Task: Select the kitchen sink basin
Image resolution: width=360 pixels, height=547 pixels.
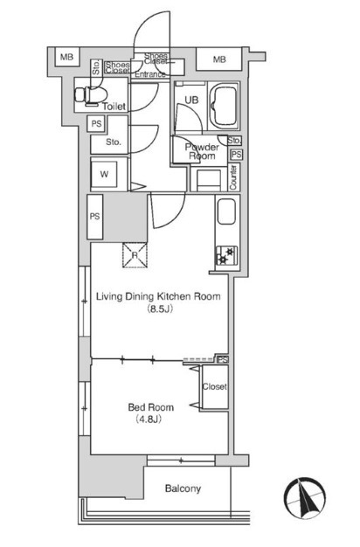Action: pos(226,211)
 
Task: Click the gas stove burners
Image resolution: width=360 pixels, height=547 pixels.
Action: pos(226,256)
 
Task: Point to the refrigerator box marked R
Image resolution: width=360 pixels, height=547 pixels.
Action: pos(135,255)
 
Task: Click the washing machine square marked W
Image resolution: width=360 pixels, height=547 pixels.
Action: pos(104,175)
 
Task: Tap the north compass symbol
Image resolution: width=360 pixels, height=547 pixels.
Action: pos(305,497)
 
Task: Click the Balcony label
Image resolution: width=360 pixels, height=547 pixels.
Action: pos(183,488)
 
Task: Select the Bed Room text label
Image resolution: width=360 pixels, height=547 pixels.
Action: pos(150,407)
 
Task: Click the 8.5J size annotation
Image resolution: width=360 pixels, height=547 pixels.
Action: pos(160,308)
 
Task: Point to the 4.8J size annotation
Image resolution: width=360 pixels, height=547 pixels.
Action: pos(149,419)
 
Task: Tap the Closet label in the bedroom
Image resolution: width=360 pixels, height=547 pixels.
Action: pos(215,386)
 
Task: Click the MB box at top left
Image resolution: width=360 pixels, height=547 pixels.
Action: pos(66,57)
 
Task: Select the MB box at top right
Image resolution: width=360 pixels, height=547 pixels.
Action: pos(219,59)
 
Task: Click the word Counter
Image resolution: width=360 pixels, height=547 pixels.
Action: pos(233,177)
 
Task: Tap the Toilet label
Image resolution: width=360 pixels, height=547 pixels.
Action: pos(114,107)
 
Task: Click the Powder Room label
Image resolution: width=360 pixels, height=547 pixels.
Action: pos(202,151)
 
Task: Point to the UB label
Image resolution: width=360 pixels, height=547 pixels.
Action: pos(191,100)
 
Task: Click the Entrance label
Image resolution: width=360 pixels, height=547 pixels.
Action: pos(150,74)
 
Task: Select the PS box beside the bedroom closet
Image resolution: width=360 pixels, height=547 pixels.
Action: pos(223,359)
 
